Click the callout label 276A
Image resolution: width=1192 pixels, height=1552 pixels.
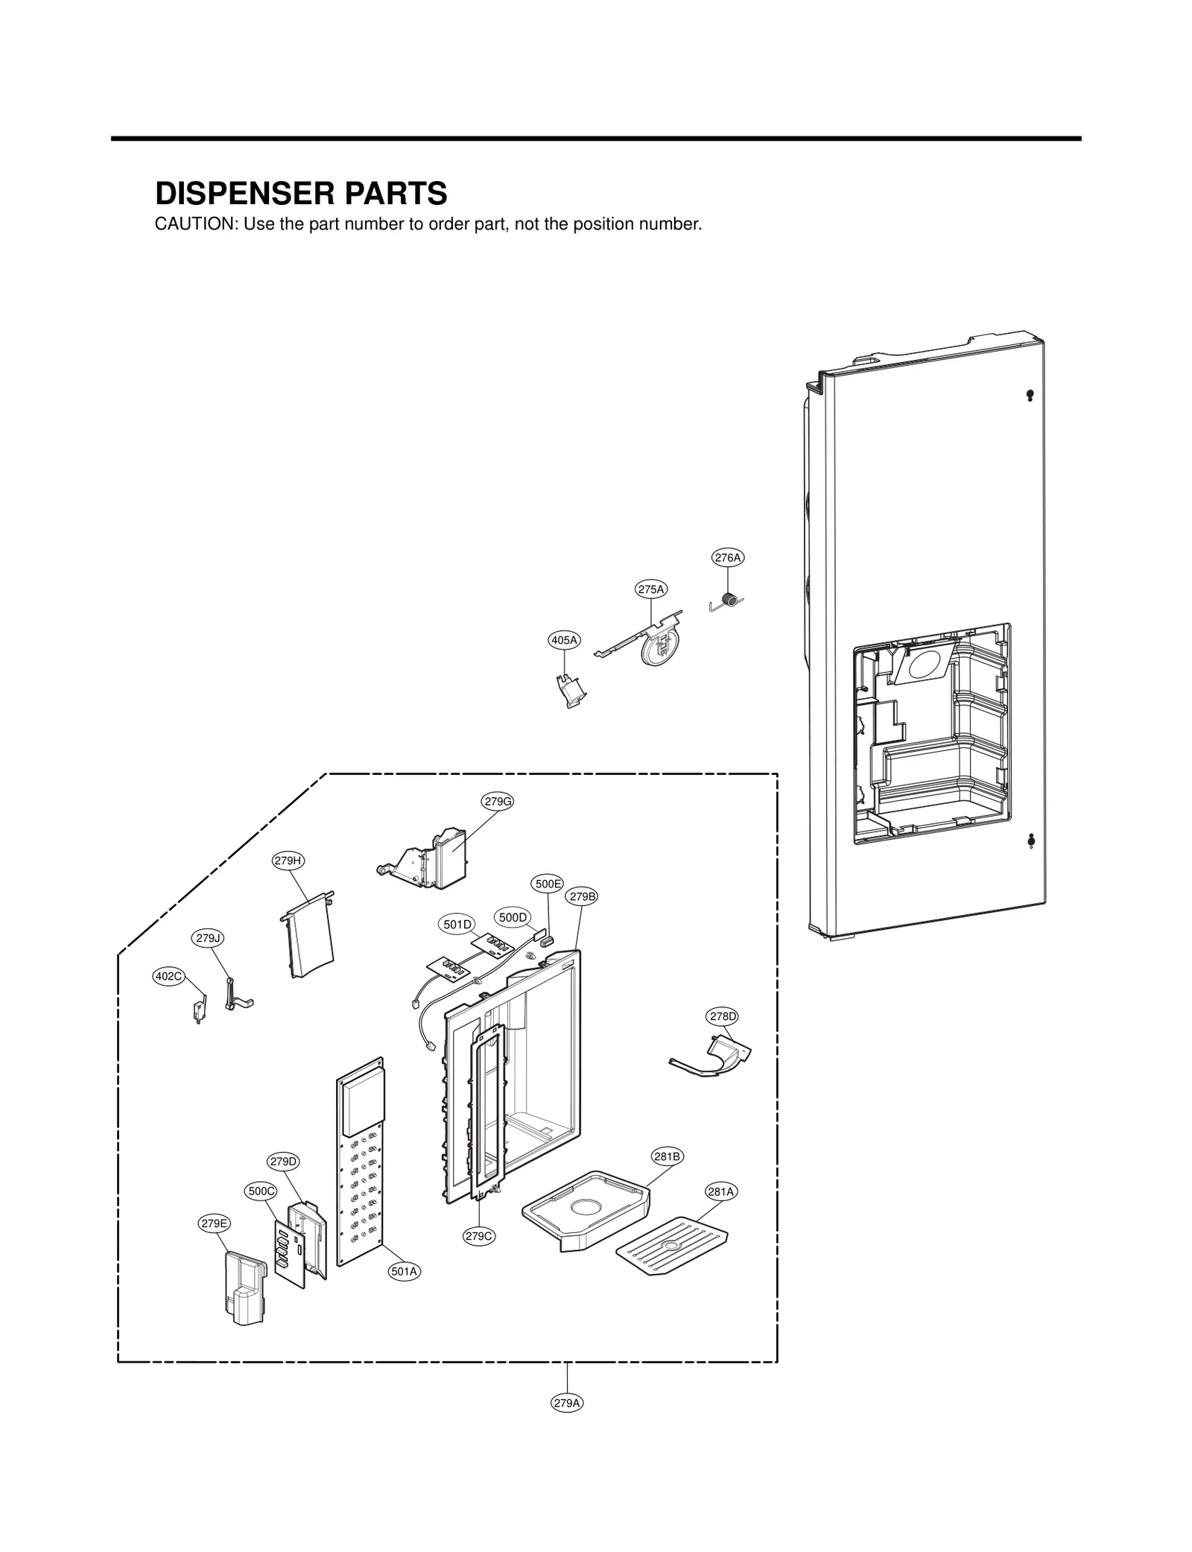[727, 557]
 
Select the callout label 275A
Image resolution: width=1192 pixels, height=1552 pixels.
[650, 589]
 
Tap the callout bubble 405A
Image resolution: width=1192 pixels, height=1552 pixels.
[564, 639]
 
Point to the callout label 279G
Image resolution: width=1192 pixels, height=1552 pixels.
[498, 802]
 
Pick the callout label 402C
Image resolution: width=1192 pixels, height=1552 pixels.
[168, 976]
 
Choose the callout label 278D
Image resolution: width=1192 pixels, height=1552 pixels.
[722, 1016]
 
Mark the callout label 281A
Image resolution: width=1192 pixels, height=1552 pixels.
[720, 1192]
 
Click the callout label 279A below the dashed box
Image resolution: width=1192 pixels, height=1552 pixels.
[567, 1403]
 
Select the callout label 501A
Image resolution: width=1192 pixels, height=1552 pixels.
[404, 1272]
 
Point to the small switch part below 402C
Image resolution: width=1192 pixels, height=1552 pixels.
[197, 1012]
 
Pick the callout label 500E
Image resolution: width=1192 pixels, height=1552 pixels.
[548, 884]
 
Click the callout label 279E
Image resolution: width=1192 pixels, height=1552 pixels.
[214, 1223]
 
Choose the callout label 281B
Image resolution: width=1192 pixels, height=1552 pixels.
[667, 1156]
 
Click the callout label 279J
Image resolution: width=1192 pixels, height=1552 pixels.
[209, 938]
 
